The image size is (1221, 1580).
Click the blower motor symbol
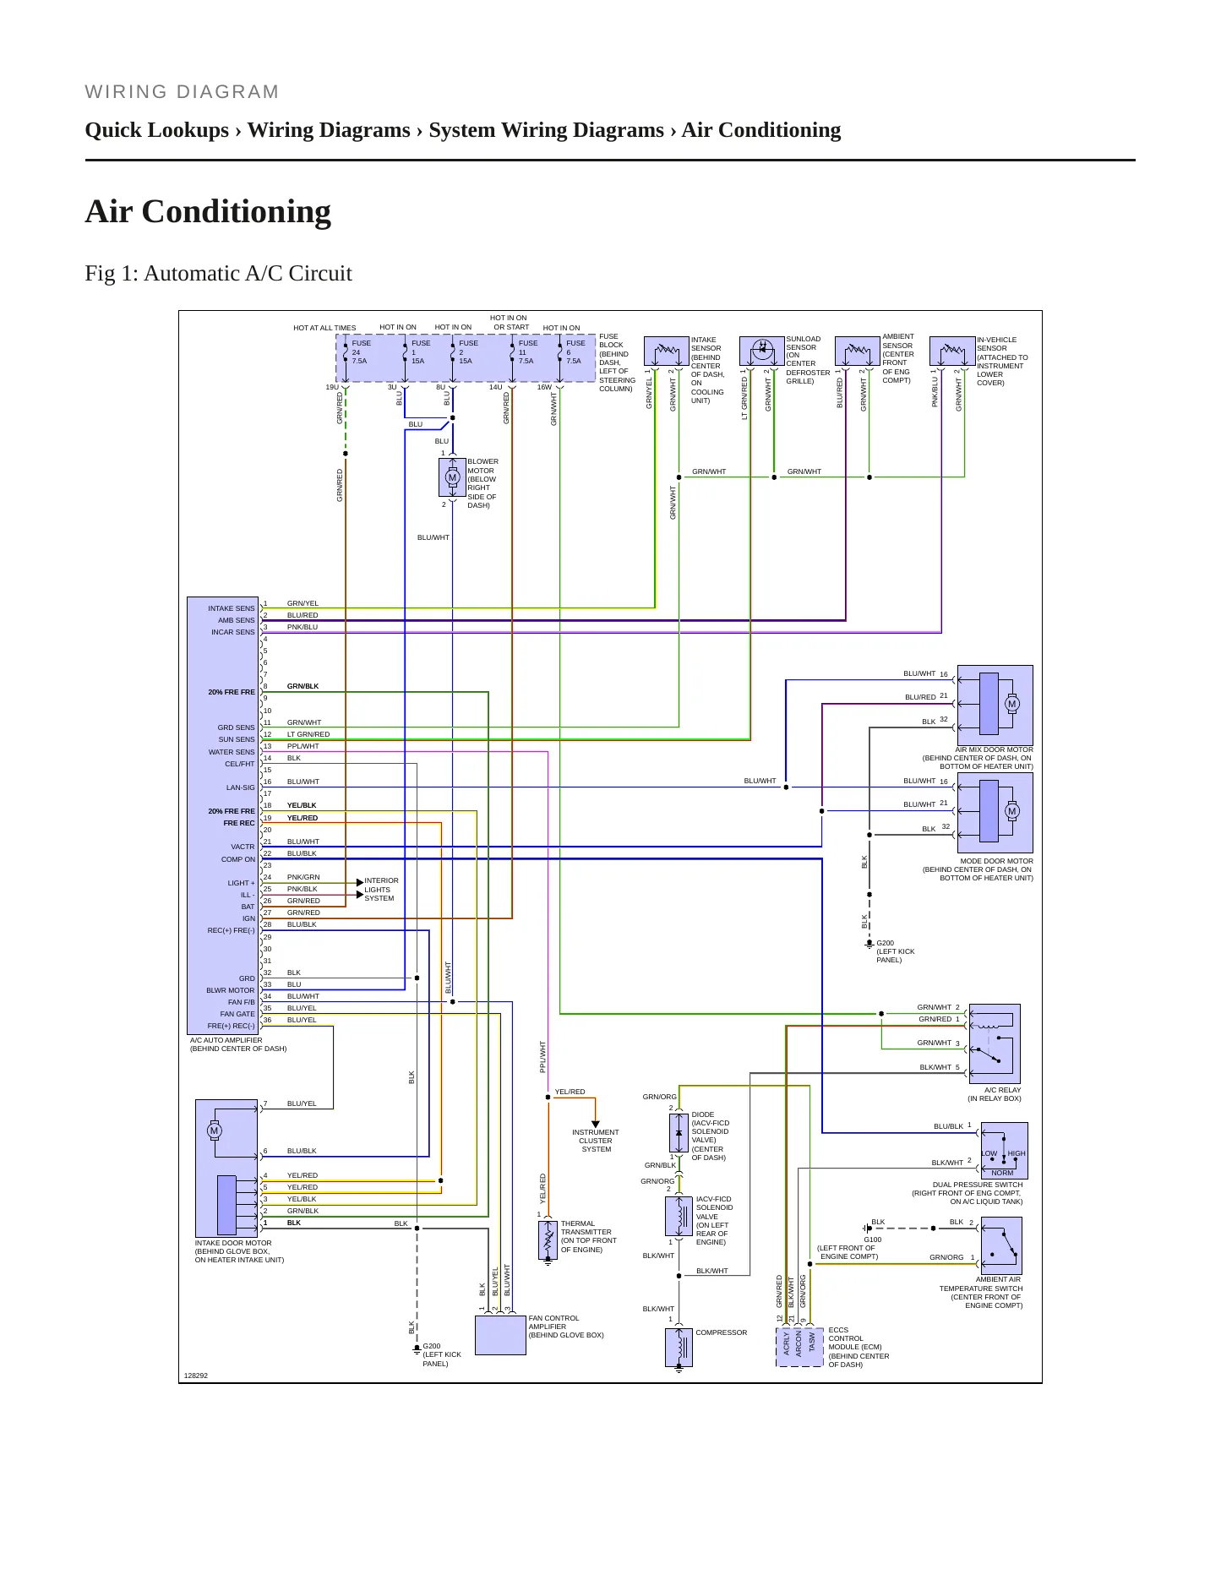(x=452, y=477)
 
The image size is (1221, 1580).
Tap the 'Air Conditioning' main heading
(x=208, y=211)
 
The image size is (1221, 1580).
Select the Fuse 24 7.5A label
(x=361, y=352)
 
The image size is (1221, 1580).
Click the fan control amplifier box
(x=500, y=1335)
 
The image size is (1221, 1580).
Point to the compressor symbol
(x=679, y=1347)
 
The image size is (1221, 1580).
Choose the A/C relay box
(x=995, y=1043)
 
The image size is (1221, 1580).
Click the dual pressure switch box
(x=1004, y=1151)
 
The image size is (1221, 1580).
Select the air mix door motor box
(x=995, y=705)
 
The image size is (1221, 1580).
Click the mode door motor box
(x=995, y=812)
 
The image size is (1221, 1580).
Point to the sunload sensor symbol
(x=762, y=351)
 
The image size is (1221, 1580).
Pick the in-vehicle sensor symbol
(x=952, y=351)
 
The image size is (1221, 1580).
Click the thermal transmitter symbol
(x=548, y=1239)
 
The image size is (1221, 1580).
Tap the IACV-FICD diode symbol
(x=679, y=1132)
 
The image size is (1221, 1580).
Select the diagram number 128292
(x=195, y=1376)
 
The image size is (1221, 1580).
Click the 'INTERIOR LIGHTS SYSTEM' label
(x=381, y=889)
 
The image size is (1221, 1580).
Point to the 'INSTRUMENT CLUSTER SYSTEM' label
(x=596, y=1141)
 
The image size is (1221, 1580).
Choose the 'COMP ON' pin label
(x=237, y=859)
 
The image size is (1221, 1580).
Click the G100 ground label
(x=872, y=1239)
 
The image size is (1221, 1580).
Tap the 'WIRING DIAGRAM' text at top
(x=182, y=92)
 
